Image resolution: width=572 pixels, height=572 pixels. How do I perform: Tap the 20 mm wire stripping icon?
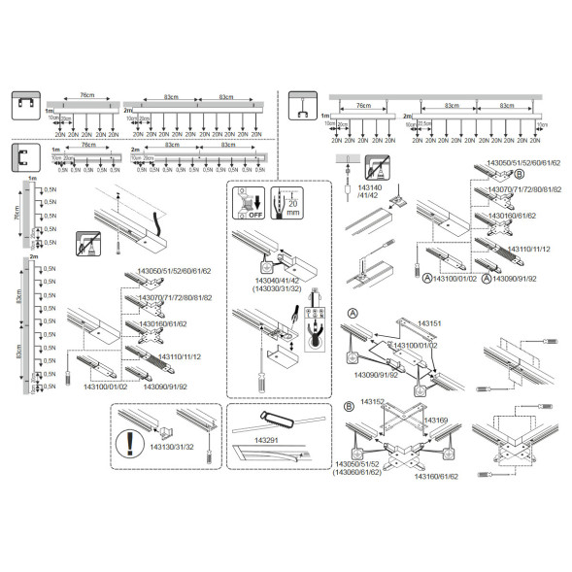286,207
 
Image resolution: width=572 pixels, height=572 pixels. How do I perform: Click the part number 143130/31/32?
171,447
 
